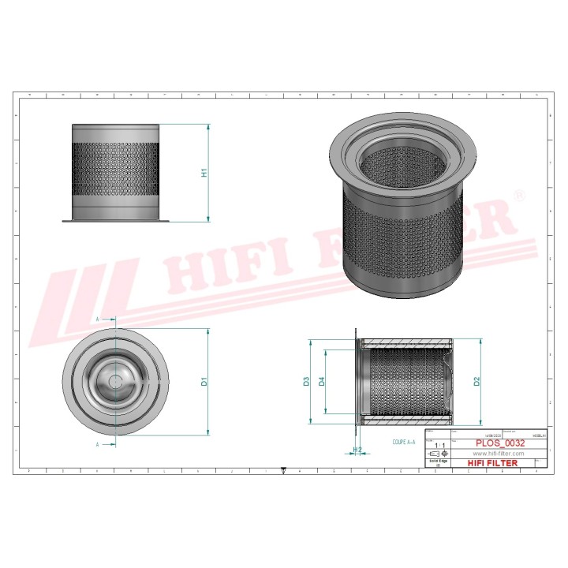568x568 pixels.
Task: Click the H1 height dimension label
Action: (203, 172)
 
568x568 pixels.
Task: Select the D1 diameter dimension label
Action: (203, 382)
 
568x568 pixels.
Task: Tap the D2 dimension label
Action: (476, 382)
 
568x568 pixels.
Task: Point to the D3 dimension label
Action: (306, 382)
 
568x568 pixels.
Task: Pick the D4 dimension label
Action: (322, 382)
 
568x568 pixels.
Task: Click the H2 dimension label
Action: (357, 450)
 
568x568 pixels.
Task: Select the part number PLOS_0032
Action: (498, 443)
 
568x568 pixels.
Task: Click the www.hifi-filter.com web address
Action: (498, 454)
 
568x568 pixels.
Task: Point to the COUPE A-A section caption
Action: (403, 443)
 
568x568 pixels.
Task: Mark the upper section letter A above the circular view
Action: (97, 319)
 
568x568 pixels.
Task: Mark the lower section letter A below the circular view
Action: (97, 445)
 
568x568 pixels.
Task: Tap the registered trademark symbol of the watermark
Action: (518, 194)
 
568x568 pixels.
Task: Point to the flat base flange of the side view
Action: (116, 220)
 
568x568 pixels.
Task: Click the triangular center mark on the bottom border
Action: (283, 471)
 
